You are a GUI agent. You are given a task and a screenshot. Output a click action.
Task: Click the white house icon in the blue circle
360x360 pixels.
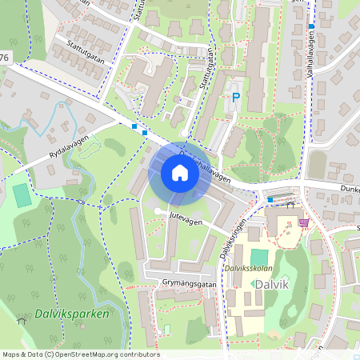(179, 172)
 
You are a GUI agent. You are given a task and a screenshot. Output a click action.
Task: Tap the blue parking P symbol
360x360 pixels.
(236, 97)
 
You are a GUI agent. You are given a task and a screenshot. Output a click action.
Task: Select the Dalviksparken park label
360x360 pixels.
(71, 314)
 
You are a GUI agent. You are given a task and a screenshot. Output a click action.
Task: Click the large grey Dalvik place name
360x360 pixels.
(269, 284)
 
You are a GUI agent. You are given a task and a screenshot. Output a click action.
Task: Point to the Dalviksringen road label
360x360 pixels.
(232, 238)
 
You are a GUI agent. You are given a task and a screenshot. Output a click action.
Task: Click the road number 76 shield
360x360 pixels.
(6, 57)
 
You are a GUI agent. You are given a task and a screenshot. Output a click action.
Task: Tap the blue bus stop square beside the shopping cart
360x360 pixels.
(270, 199)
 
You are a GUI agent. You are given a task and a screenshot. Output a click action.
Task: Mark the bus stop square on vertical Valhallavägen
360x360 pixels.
(310, 26)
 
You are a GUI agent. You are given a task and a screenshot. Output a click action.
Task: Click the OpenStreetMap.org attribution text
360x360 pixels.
(104, 354)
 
